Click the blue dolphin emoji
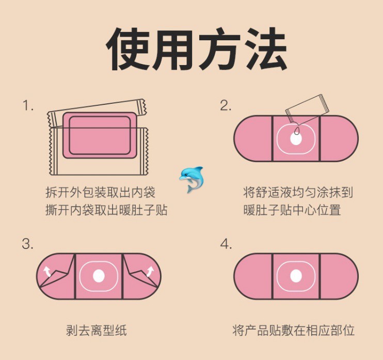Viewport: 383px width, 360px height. (191, 179)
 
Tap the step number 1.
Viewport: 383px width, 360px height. (27, 105)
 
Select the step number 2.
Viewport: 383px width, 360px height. (226, 105)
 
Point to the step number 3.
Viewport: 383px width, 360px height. (27, 244)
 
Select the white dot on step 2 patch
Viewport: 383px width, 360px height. (296, 139)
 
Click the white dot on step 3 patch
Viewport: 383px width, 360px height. (99, 276)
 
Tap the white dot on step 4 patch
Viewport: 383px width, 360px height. (296, 276)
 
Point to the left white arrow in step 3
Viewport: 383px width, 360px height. (47, 272)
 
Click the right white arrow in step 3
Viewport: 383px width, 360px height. (150, 272)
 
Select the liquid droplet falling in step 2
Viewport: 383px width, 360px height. (297, 131)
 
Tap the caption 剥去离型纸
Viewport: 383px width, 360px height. (96, 330)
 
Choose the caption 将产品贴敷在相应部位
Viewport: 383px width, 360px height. (293, 330)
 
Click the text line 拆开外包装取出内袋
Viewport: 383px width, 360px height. (100, 192)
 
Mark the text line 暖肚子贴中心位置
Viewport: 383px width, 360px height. (292, 210)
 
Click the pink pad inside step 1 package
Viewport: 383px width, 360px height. (100, 135)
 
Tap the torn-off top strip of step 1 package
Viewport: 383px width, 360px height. (97, 113)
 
